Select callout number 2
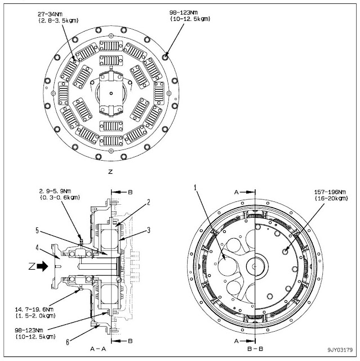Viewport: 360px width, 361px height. [x=148, y=202]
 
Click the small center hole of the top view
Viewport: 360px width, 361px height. [x=113, y=93]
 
